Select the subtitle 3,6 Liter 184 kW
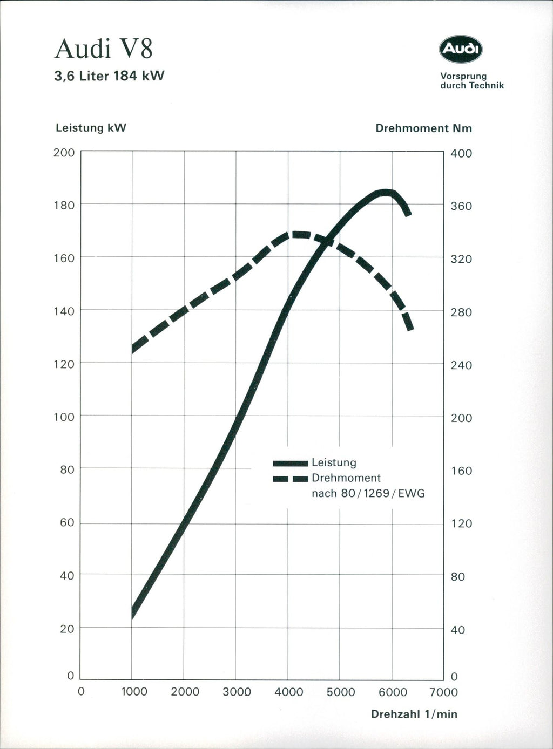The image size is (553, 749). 109,76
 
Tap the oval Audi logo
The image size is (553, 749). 460,50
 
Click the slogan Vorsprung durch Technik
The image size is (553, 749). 471,81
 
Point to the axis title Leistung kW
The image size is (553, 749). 91,128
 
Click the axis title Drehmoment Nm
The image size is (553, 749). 423,128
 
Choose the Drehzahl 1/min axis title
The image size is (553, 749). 414,714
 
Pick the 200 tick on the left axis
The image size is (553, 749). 64,153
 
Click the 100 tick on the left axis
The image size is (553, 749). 64,417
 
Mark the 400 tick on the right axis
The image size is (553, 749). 461,153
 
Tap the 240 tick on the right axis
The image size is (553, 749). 461,365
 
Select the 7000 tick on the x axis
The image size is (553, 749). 444,692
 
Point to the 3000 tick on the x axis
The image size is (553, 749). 237,692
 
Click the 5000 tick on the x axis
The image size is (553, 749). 340,692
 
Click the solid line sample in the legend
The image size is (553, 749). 290,463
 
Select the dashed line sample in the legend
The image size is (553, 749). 290,479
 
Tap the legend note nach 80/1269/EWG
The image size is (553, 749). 368,493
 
